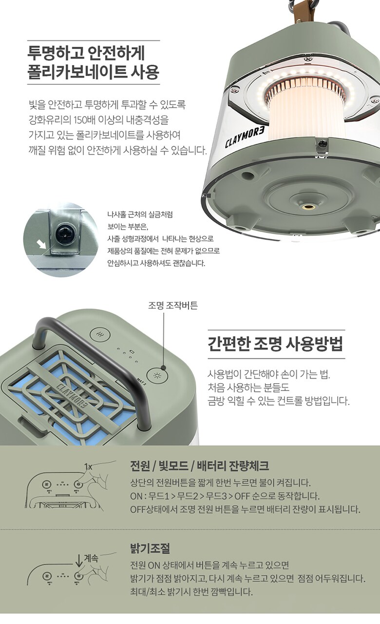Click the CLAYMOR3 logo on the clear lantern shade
[245, 137]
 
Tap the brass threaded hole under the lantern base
[307, 207]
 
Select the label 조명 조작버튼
[172, 306]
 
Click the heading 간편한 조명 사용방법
[275, 344]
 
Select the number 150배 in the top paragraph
[85, 120]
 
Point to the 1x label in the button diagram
[88, 467]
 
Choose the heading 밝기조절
[150, 548]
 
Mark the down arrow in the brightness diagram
[79, 560]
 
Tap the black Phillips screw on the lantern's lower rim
[323, 144]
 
